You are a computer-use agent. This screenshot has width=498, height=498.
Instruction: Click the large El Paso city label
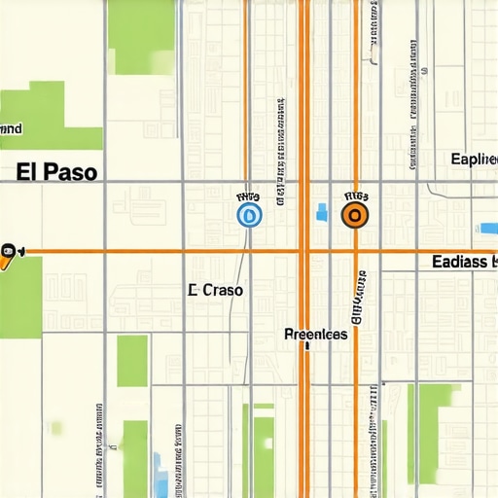(57, 172)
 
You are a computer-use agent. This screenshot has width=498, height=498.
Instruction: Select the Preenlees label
(316, 334)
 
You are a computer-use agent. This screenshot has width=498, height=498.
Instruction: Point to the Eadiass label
(463, 263)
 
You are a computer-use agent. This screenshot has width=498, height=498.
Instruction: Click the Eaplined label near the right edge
(475, 159)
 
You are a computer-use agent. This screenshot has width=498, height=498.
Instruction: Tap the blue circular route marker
(249, 215)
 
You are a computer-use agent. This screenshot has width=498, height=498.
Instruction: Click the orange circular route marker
(355, 215)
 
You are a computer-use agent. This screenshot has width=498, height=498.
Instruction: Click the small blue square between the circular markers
(322, 210)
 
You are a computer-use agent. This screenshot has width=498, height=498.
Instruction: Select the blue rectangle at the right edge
(487, 228)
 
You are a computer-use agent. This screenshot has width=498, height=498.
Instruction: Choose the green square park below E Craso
(132, 361)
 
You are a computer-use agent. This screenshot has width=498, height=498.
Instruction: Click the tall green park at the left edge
(19, 297)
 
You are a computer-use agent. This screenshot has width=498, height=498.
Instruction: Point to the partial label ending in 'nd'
(12, 127)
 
